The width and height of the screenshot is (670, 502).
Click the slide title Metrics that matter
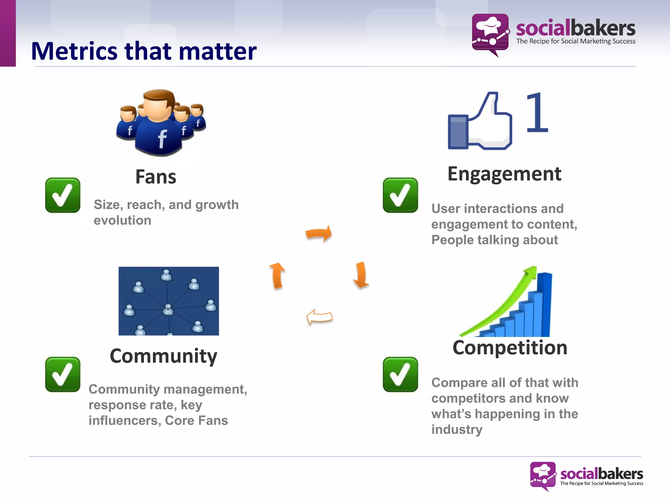(144, 51)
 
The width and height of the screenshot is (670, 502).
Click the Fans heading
(156, 177)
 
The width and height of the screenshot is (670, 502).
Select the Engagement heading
(504, 174)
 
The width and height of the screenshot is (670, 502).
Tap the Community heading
(163, 356)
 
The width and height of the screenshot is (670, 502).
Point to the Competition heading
(510, 347)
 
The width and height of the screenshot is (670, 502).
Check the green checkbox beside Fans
(63, 195)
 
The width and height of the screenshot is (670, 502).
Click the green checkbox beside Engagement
(400, 195)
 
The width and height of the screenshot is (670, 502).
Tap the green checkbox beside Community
(63, 374)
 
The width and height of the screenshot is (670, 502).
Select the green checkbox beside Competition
(400, 374)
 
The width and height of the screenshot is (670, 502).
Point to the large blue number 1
(537, 113)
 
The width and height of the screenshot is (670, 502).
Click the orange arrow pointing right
(319, 233)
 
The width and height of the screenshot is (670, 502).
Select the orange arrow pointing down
(361, 275)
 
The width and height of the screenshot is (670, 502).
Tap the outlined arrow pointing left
(319, 317)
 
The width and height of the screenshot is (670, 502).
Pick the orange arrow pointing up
(277, 276)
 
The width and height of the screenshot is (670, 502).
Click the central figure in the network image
(168, 309)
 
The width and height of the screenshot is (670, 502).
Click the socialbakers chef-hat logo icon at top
(490, 34)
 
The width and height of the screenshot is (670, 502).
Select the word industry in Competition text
(457, 429)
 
